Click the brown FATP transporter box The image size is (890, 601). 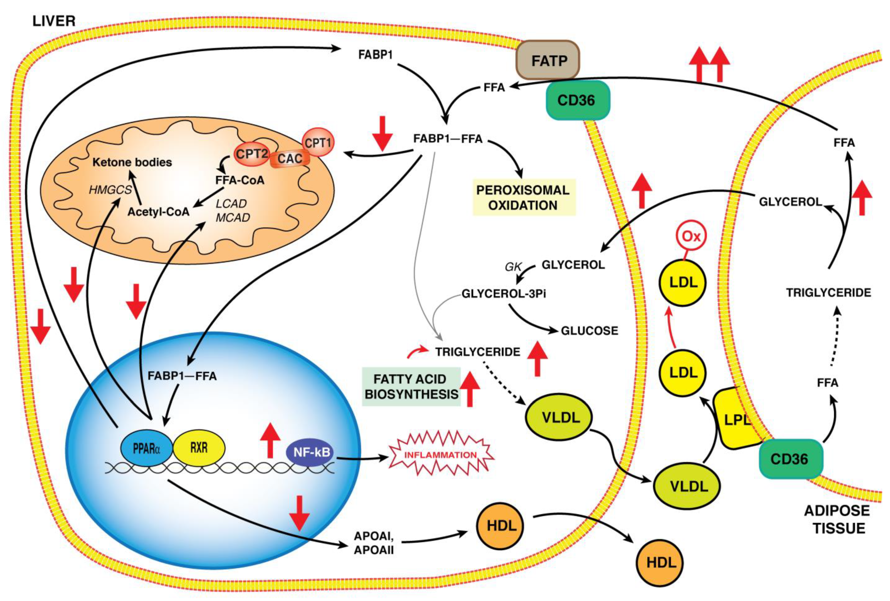[x=548, y=60]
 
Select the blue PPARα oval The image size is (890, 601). [x=146, y=448]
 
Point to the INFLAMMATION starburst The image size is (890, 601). [x=441, y=455]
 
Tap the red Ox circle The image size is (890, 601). [x=691, y=236]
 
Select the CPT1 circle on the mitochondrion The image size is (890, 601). [x=318, y=143]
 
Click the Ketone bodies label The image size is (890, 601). [x=132, y=162]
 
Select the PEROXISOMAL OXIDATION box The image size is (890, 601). [x=524, y=197]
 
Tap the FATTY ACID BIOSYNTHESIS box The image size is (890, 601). [x=411, y=387]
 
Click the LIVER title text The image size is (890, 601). [x=54, y=21]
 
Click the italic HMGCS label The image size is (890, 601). [x=110, y=190]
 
